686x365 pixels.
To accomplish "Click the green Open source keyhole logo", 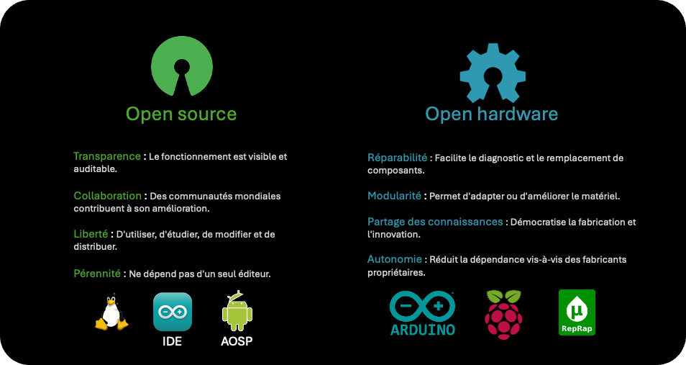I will (181, 66).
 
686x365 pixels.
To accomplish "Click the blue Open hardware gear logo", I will (493, 73).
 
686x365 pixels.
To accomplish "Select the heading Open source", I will (181, 114).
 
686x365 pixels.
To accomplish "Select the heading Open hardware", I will (492, 114).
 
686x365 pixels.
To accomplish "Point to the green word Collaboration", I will (107, 196).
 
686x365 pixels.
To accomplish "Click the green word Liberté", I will (91, 235).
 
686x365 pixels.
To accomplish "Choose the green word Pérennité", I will (97, 274).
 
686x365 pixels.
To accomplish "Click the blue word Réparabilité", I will (398, 158).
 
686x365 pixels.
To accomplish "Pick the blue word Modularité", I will (394, 196).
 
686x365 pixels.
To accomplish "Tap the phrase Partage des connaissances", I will (435, 222).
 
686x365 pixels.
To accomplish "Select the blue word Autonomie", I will (394, 259).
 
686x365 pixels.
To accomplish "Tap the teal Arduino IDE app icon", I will (173, 312).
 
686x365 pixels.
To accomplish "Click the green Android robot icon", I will (237, 311).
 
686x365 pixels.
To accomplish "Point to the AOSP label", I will (237, 341).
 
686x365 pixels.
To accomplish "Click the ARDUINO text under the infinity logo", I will (423, 330).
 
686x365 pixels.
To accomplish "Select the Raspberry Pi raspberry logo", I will (503, 313).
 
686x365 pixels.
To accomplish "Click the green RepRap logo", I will (577, 312).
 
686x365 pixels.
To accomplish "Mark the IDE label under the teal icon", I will (173, 341).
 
